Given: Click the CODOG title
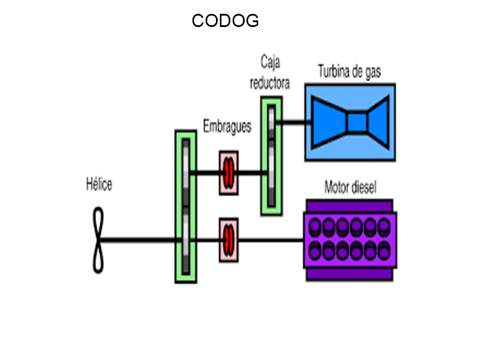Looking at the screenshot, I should tap(225, 21).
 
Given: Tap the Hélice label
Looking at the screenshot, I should tap(98, 185).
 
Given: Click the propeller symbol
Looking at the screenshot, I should tap(98, 239).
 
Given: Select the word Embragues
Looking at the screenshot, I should tap(227, 127).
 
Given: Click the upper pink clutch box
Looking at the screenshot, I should tap(229, 172).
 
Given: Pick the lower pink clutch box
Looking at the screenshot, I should tap(229, 239).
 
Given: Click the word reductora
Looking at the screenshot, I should tap(270, 83).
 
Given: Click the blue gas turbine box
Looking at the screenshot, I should tap(350, 122).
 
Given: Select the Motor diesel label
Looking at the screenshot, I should tap(350, 187).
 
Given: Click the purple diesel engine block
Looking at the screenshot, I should tap(350, 239).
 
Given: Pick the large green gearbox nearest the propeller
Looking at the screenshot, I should tap(185, 206).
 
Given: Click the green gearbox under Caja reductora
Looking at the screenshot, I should tap(271, 155).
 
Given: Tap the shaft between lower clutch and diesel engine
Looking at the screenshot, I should tap(270, 239).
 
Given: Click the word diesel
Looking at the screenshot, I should tap(364, 187).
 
